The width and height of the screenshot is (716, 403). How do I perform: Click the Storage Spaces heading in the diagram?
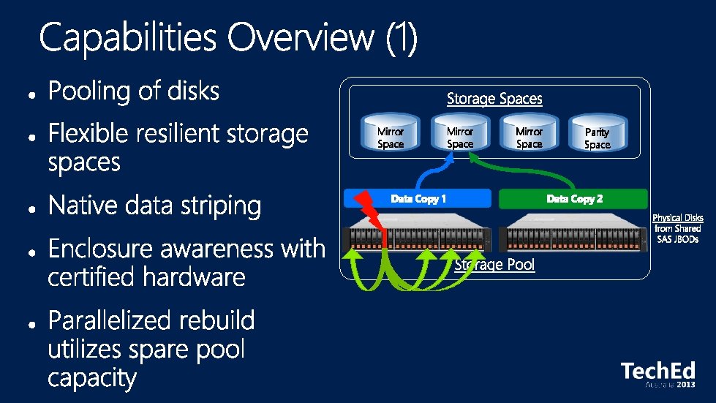coord(494,98)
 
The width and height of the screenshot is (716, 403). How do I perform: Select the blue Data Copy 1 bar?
coord(418,199)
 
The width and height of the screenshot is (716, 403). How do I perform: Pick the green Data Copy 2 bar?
coord(574,199)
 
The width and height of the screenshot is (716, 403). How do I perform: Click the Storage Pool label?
coord(494,265)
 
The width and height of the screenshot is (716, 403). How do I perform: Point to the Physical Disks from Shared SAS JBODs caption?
coord(677,228)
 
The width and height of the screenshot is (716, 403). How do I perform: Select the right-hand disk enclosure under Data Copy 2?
coord(574,237)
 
